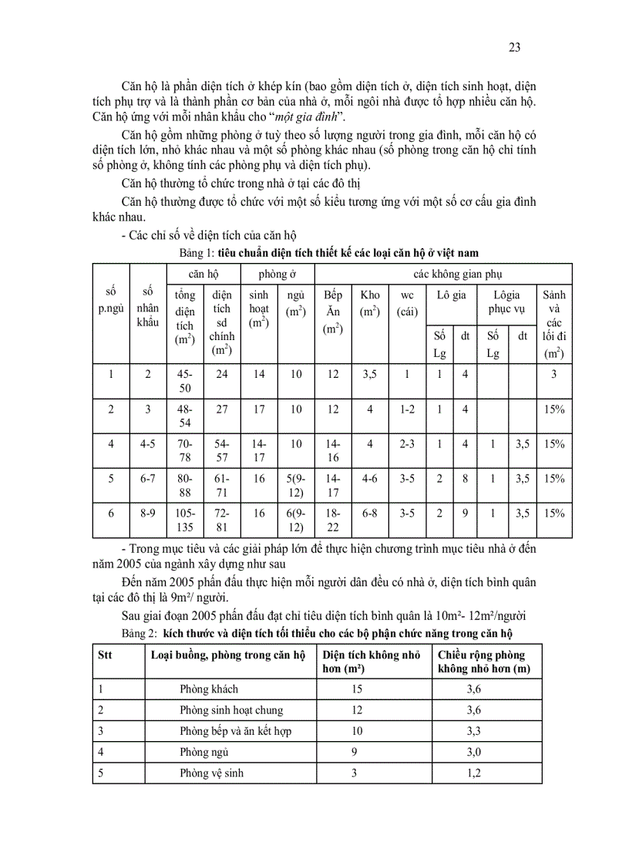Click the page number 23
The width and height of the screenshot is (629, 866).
pyautogui.click(x=515, y=48)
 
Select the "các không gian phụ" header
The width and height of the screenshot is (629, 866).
pyautogui.click(x=443, y=273)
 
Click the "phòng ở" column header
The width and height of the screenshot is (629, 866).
pyautogui.click(x=277, y=273)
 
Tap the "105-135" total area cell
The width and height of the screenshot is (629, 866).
pyautogui.click(x=185, y=520)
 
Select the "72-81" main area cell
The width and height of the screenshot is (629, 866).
pyautogui.click(x=222, y=520)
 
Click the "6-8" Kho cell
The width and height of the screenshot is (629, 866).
pyautogui.click(x=370, y=513)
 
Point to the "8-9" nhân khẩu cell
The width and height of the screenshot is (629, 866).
pyautogui.click(x=148, y=513)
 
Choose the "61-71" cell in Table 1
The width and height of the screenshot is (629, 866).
pyautogui.click(x=222, y=485)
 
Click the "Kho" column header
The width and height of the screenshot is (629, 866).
pyautogui.click(x=370, y=295)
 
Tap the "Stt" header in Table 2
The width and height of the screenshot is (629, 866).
pyautogui.click(x=107, y=655)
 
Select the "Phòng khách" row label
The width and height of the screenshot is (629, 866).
pyautogui.click(x=209, y=689)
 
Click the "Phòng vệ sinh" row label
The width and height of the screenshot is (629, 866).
pyautogui.click(x=212, y=772)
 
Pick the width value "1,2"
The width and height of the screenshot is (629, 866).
pyautogui.click(x=474, y=772)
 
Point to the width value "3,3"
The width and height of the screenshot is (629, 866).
pyautogui.click(x=474, y=730)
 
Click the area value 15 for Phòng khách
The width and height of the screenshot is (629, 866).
pyautogui.click(x=356, y=689)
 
